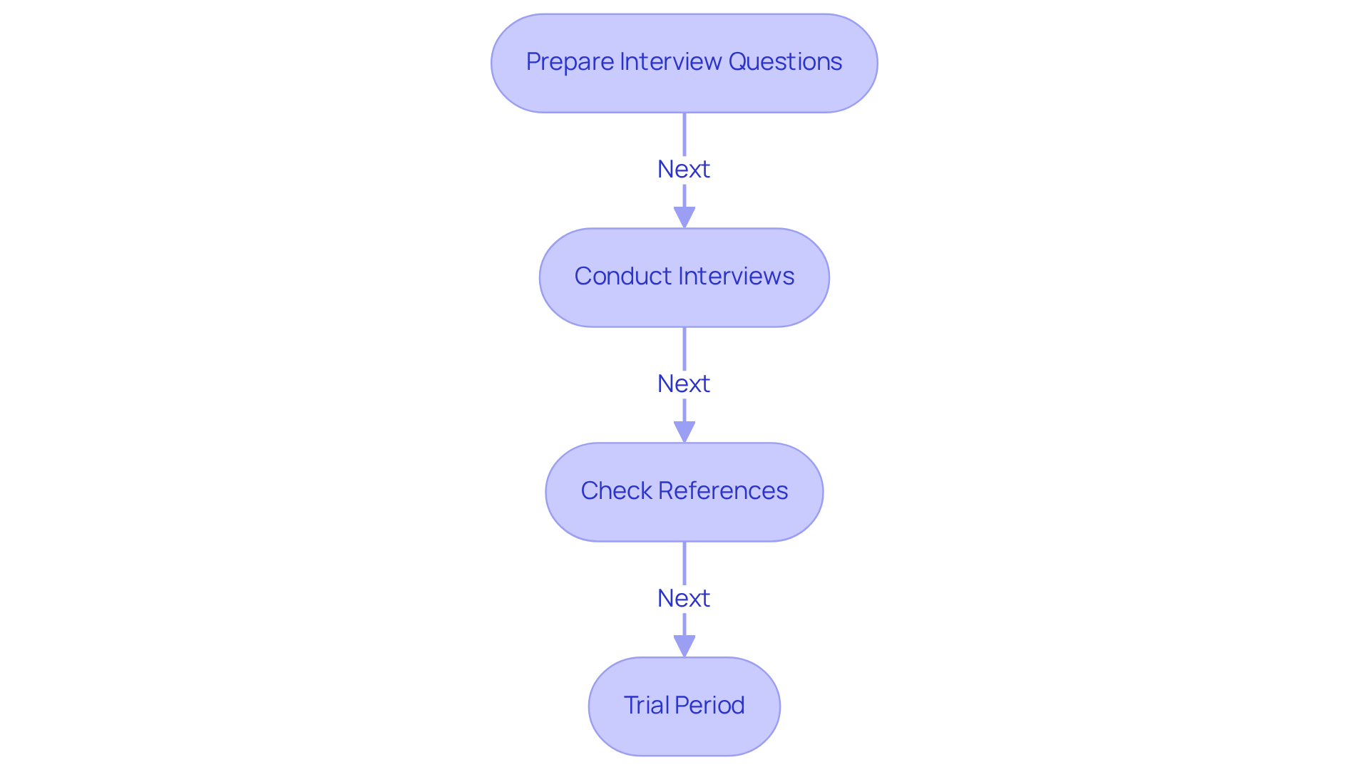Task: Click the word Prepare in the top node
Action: point(570,62)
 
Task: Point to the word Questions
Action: point(785,62)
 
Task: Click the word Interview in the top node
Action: point(671,62)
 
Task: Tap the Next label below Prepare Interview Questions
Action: point(683,170)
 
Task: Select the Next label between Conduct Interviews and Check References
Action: point(683,384)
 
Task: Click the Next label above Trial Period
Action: point(683,599)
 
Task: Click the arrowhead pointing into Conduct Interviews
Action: point(684,217)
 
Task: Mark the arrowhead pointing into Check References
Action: point(684,431)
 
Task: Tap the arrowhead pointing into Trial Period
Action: point(684,646)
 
